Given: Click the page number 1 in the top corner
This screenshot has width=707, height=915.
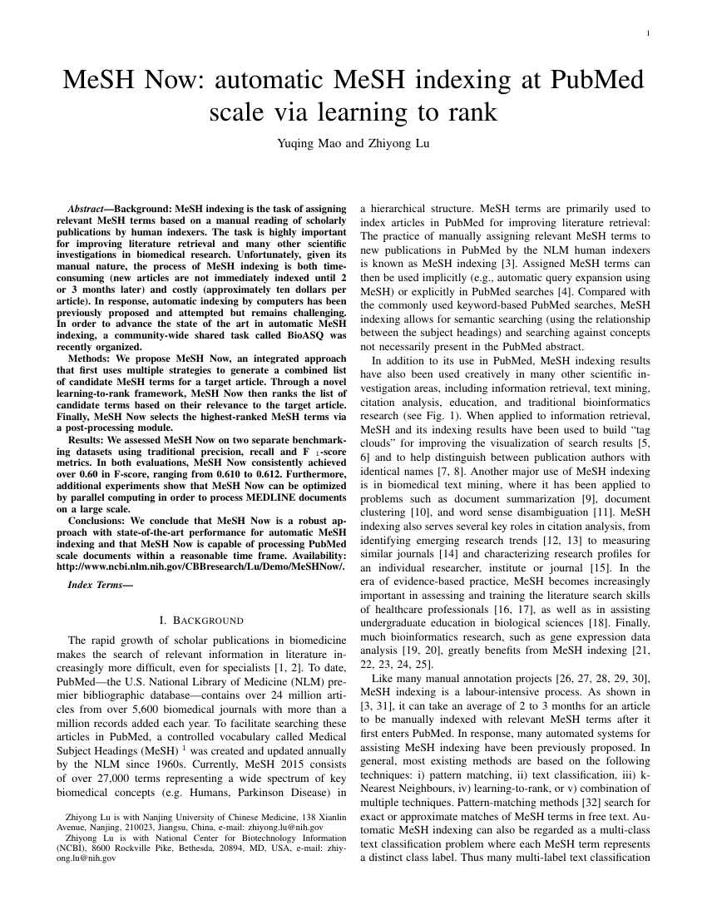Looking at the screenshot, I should point(647,33).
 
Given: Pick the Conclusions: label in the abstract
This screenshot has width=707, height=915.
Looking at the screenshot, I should point(103,522).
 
